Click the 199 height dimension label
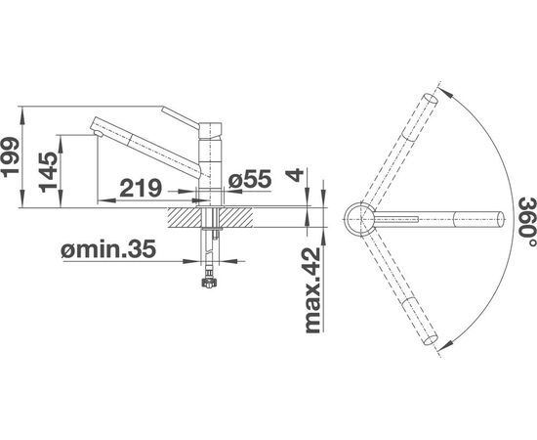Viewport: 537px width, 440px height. (x=11, y=157)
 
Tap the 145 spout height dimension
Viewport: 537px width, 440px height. (x=48, y=171)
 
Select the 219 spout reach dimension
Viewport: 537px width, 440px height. (x=141, y=188)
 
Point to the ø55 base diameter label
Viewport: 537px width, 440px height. (x=250, y=179)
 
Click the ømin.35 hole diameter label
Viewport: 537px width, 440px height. (x=108, y=248)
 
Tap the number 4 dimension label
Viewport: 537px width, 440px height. (x=296, y=175)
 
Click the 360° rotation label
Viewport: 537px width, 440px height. (x=526, y=222)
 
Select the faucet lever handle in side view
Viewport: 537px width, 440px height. (x=181, y=117)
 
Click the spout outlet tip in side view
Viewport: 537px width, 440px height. (x=98, y=133)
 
